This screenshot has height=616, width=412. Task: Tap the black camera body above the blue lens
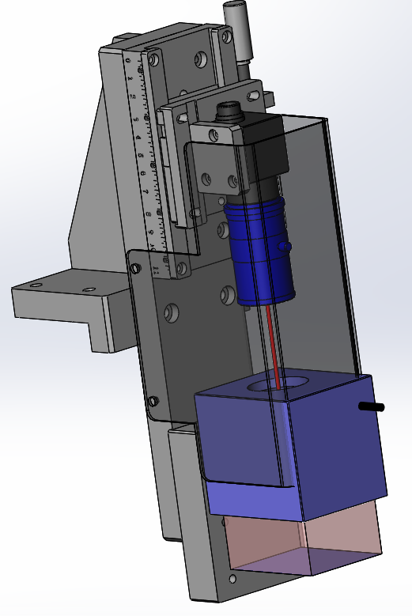pos(265,154)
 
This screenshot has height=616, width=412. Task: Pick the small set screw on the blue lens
pos(288,248)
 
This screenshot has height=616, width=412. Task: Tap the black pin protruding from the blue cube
pos(372,407)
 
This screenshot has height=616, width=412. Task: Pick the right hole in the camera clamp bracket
pos(232,182)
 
